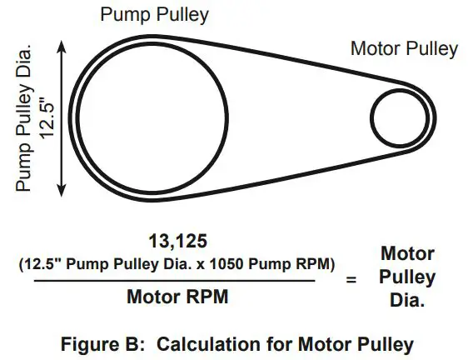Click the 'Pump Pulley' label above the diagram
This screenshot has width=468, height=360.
pos(154,15)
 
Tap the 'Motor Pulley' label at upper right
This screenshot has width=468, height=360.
pos(404,48)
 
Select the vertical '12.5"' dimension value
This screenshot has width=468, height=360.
pos(47,117)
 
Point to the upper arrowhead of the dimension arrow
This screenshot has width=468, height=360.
pos(62,47)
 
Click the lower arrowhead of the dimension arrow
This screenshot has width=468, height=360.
pos(62,191)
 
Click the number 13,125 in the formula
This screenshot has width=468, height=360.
pos(178,241)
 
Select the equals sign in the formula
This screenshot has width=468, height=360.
pos(351,280)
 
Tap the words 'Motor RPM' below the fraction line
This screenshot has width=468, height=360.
pos(177,297)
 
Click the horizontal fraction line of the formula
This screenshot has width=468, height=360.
pos(175,281)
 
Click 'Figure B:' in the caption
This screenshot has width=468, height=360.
pos(103,344)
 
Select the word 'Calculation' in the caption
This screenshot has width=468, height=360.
pos(209,344)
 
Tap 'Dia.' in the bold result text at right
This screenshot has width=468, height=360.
pos(407,300)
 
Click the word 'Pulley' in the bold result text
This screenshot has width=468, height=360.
pos(407,277)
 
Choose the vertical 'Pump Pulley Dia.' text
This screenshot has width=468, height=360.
pos(24,118)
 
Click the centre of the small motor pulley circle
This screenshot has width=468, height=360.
pos(400,118)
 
